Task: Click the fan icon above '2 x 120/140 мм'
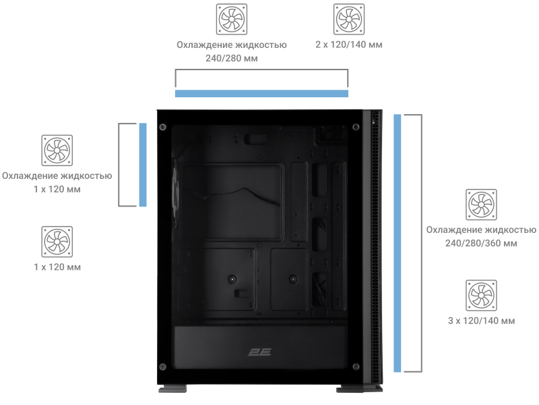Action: (x=349, y=20)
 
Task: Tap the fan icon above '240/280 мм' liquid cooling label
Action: (x=232, y=20)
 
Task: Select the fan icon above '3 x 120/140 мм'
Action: (x=481, y=296)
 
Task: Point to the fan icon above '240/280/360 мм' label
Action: (x=481, y=205)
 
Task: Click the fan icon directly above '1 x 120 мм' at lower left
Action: (x=57, y=242)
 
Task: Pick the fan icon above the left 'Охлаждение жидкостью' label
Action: (x=57, y=151)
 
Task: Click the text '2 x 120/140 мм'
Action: (x=349, y=45)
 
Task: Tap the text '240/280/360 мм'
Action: (x=481, y=244)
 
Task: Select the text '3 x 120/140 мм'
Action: (x=481, y=321)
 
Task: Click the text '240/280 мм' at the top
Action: (x=232, y=58)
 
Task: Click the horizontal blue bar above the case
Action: (x=261, y=93)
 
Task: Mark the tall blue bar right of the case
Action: (x=398, y=243)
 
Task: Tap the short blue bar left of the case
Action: (x=143, y=165)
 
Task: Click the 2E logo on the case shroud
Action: (x=260, y=352)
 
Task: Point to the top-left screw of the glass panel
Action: (x=163, y=128)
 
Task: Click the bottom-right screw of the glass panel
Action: (x=356, y=367)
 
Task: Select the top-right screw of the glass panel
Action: (x=356, y=128)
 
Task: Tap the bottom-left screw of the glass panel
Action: (x=163, y=367)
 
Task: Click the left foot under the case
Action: (x=172, y=389)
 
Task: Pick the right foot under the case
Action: (x=360, y=389)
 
